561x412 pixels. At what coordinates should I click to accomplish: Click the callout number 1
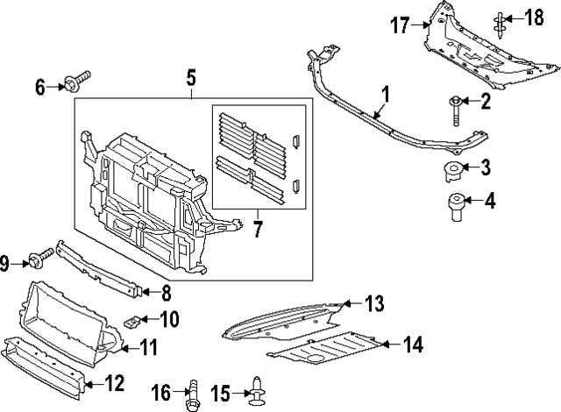click(384, 91)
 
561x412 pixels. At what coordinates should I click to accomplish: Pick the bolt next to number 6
click(76, 84)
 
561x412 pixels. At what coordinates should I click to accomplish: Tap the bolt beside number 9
click(40, 260)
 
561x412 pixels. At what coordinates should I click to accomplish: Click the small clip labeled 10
click(131, 321)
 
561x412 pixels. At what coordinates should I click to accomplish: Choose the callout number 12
click(115, 383)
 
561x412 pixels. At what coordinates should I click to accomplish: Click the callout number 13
click(374, 304)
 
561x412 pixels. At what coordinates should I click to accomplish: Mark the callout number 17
click(400, 26)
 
